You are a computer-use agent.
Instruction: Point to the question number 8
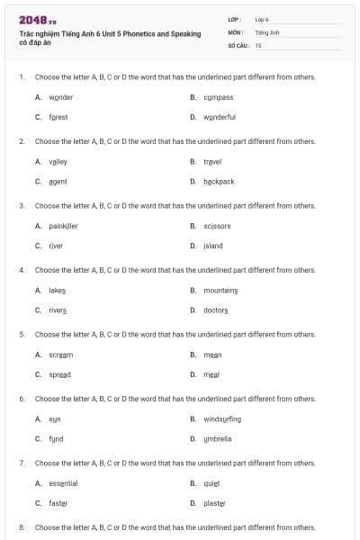22,526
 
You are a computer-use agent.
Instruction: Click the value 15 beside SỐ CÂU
258,45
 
